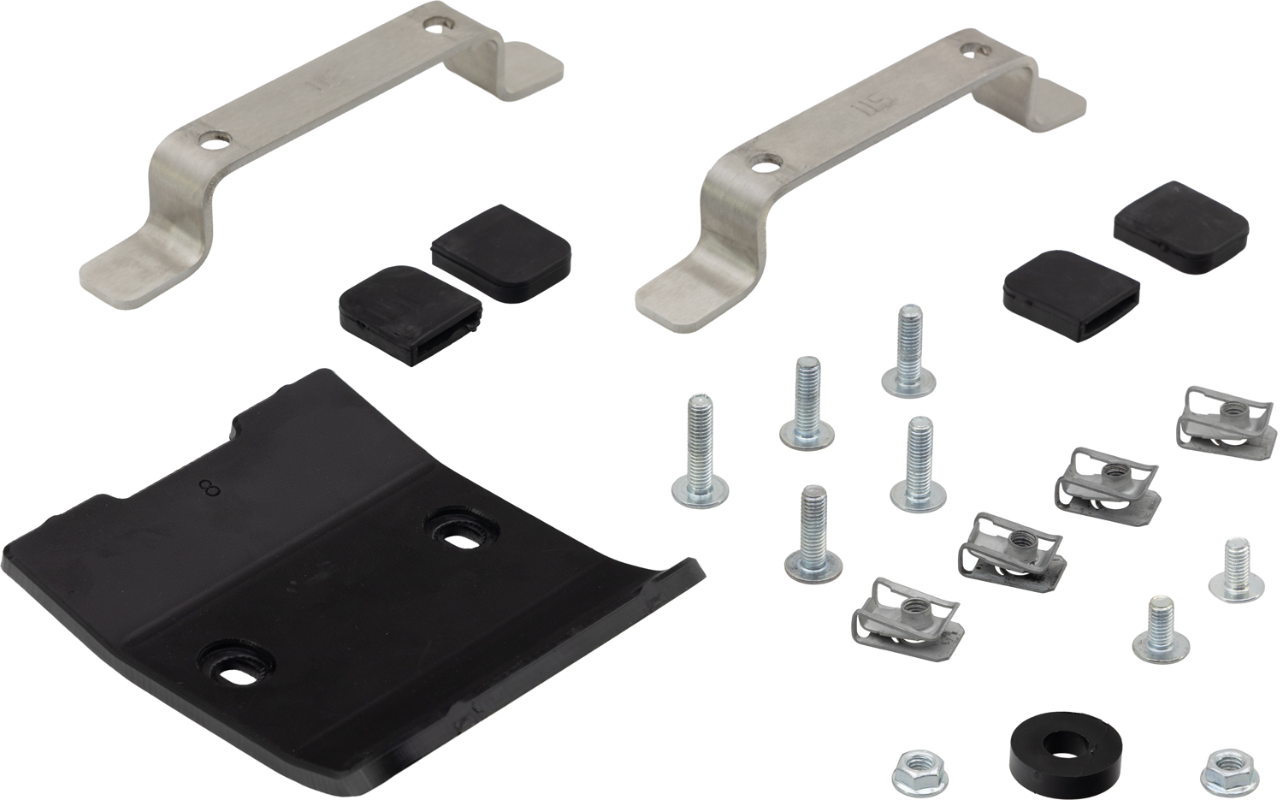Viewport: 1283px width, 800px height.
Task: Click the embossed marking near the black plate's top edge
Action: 204,489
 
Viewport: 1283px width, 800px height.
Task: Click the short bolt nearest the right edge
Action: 1236,569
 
